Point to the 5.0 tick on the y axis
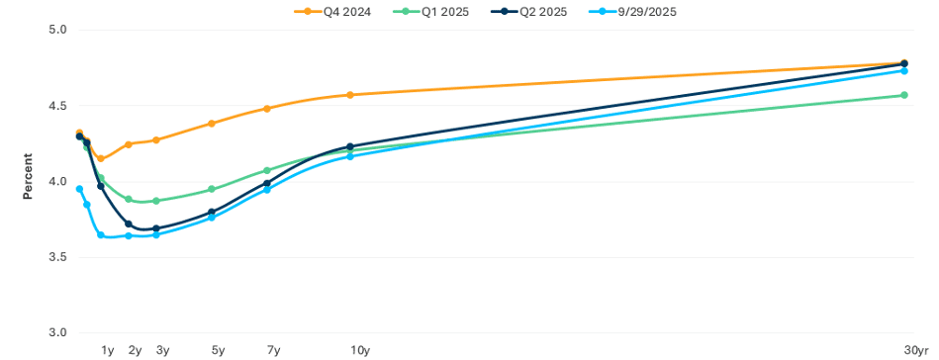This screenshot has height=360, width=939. (56, 30)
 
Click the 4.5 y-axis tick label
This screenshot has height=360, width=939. (56, 106)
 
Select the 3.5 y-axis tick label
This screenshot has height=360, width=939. (56, 257)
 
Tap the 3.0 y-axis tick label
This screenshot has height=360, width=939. (56, 333)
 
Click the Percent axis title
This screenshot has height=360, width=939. (28, 176)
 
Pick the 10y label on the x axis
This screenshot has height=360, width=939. (360, 350)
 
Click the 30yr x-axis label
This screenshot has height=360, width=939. (917, 350)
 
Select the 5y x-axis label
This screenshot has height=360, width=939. (218, 350)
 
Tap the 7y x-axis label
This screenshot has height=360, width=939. (273, 350)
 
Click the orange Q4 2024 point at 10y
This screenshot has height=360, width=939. (350, 95)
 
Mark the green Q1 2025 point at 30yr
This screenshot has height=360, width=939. (904, 95)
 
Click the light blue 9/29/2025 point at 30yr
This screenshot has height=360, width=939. (904, 71)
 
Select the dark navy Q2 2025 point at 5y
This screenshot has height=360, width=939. (212, 212)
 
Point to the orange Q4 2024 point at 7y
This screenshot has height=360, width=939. (267, 109)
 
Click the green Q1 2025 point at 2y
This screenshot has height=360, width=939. (129, 199)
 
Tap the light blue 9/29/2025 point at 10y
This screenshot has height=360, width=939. (350, 156)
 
